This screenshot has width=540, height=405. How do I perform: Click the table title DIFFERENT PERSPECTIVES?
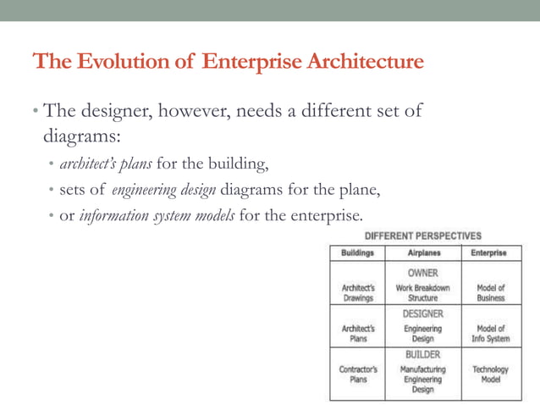click(x=423, y=235)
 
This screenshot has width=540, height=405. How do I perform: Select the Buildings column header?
click(x=358, y=252)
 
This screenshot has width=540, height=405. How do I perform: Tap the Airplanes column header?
click(x=423, y=252)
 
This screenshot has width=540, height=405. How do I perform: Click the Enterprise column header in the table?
click(x=489, y=252)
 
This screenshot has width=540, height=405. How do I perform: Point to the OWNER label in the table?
click(x=423, y=273)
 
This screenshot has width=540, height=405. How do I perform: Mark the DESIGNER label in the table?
click(x=423, y=313)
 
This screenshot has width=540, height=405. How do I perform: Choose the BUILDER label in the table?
click(x=423, y=354)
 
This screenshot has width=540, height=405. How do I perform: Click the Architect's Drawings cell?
click(x=358, y=292)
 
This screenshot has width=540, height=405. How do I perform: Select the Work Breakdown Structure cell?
click(x=423, y=292)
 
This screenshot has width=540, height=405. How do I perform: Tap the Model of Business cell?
click(x=490, y=292)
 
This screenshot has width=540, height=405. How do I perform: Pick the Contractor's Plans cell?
click(x=358, y=374)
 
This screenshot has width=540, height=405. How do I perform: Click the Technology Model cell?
click(x=490, y=374)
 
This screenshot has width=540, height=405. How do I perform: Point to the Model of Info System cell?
click(x=490, y=333)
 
